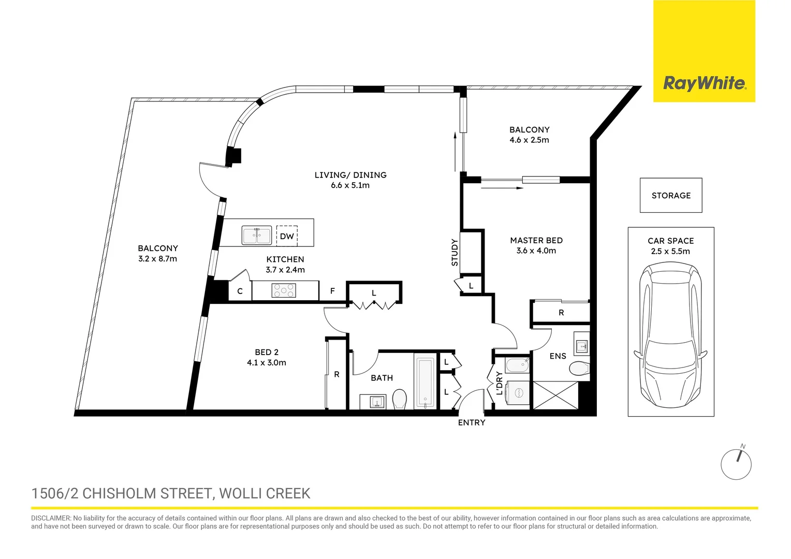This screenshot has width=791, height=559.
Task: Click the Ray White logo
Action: point(704,83)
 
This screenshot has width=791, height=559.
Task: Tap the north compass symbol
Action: point(736,464)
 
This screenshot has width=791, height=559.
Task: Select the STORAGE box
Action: point(671,196)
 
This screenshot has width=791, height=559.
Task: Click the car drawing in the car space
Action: point(670,336)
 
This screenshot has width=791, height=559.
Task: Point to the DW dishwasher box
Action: point(287,236)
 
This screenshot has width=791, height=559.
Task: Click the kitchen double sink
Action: point(257,236)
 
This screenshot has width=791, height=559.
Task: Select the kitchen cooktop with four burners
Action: point(284,290)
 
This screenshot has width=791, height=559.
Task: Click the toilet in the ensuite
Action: point(578,369)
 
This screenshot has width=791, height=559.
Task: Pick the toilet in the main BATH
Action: point(399,400)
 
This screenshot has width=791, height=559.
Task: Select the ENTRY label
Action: point(472,423)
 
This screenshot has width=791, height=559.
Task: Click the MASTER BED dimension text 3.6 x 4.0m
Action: point(536,251)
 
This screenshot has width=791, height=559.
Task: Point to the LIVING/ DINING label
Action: point(350,175)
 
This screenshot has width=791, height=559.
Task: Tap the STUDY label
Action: point(455,253)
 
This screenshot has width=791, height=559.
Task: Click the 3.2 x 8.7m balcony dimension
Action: point(157,259)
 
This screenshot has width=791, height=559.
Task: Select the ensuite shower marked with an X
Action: point(555,395)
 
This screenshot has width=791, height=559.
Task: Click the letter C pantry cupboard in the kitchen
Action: point(240,291)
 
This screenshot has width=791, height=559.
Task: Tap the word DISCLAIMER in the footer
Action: point(51,518)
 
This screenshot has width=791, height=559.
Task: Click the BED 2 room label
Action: point(267,352)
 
